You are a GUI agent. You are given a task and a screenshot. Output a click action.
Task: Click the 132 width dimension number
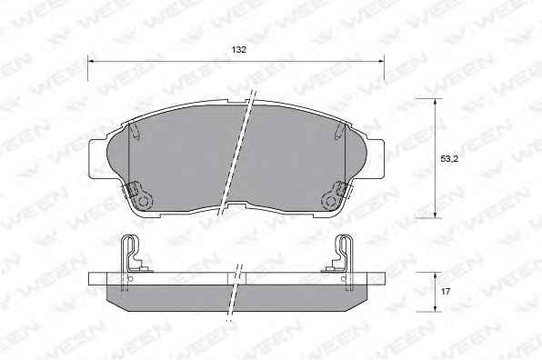click(x=239, y=50)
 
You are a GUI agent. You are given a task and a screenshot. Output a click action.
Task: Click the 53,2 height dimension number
click(x=449, y=159)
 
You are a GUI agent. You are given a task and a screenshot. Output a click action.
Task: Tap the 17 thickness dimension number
click(x=446, y=292)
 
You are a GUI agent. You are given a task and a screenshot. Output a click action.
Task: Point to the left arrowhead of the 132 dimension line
click(x=91, y=62)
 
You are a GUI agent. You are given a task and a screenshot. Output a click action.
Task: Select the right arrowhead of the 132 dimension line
click(x=381, y=62)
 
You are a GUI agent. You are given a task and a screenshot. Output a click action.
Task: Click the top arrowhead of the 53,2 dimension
click(x=436, y=102)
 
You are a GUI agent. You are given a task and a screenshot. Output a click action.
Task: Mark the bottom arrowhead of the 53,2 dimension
click(x=436, y=215)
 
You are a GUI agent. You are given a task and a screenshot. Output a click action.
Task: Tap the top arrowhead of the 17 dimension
click(x=436, y=275)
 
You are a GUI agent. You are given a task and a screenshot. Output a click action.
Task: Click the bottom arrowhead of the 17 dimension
click(x=436, y=308)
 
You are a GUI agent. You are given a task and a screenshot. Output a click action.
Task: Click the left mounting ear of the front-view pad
click(x=98, y=159)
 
